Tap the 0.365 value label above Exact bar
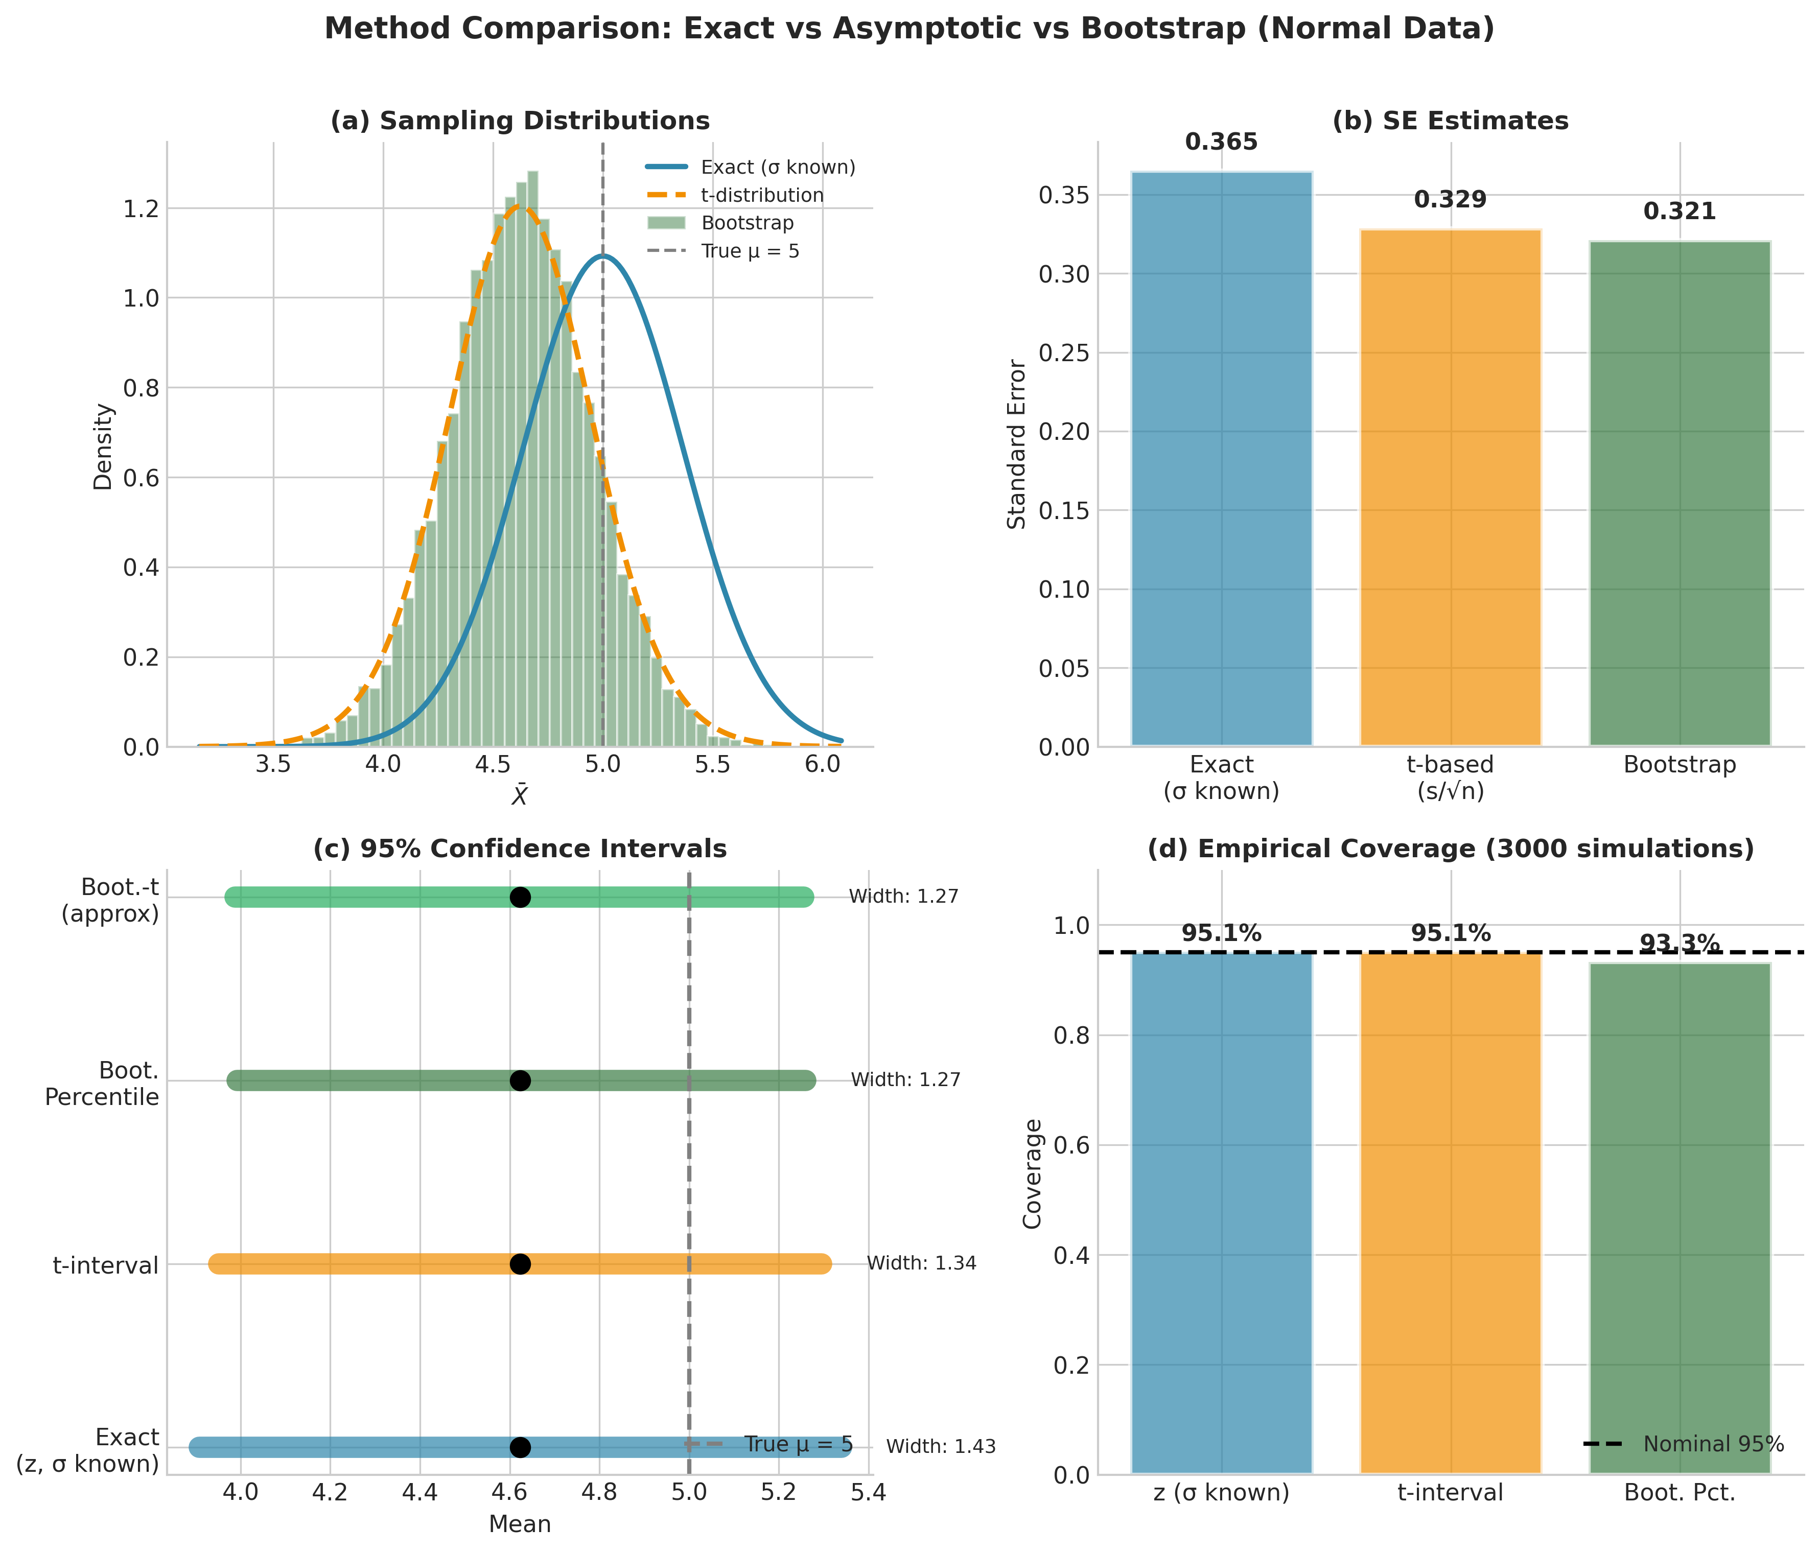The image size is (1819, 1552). (x=1221, y=142)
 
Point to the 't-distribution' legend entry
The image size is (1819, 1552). (x=762, y=195)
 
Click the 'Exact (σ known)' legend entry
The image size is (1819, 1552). (x=778, y=167)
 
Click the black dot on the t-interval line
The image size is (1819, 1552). (x=520, y=1264)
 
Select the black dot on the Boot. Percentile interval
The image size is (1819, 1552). (x=520, y=1080)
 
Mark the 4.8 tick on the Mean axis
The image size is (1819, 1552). (x=599, y=1492)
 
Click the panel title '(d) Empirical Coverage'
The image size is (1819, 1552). (x=1450, y=849)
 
